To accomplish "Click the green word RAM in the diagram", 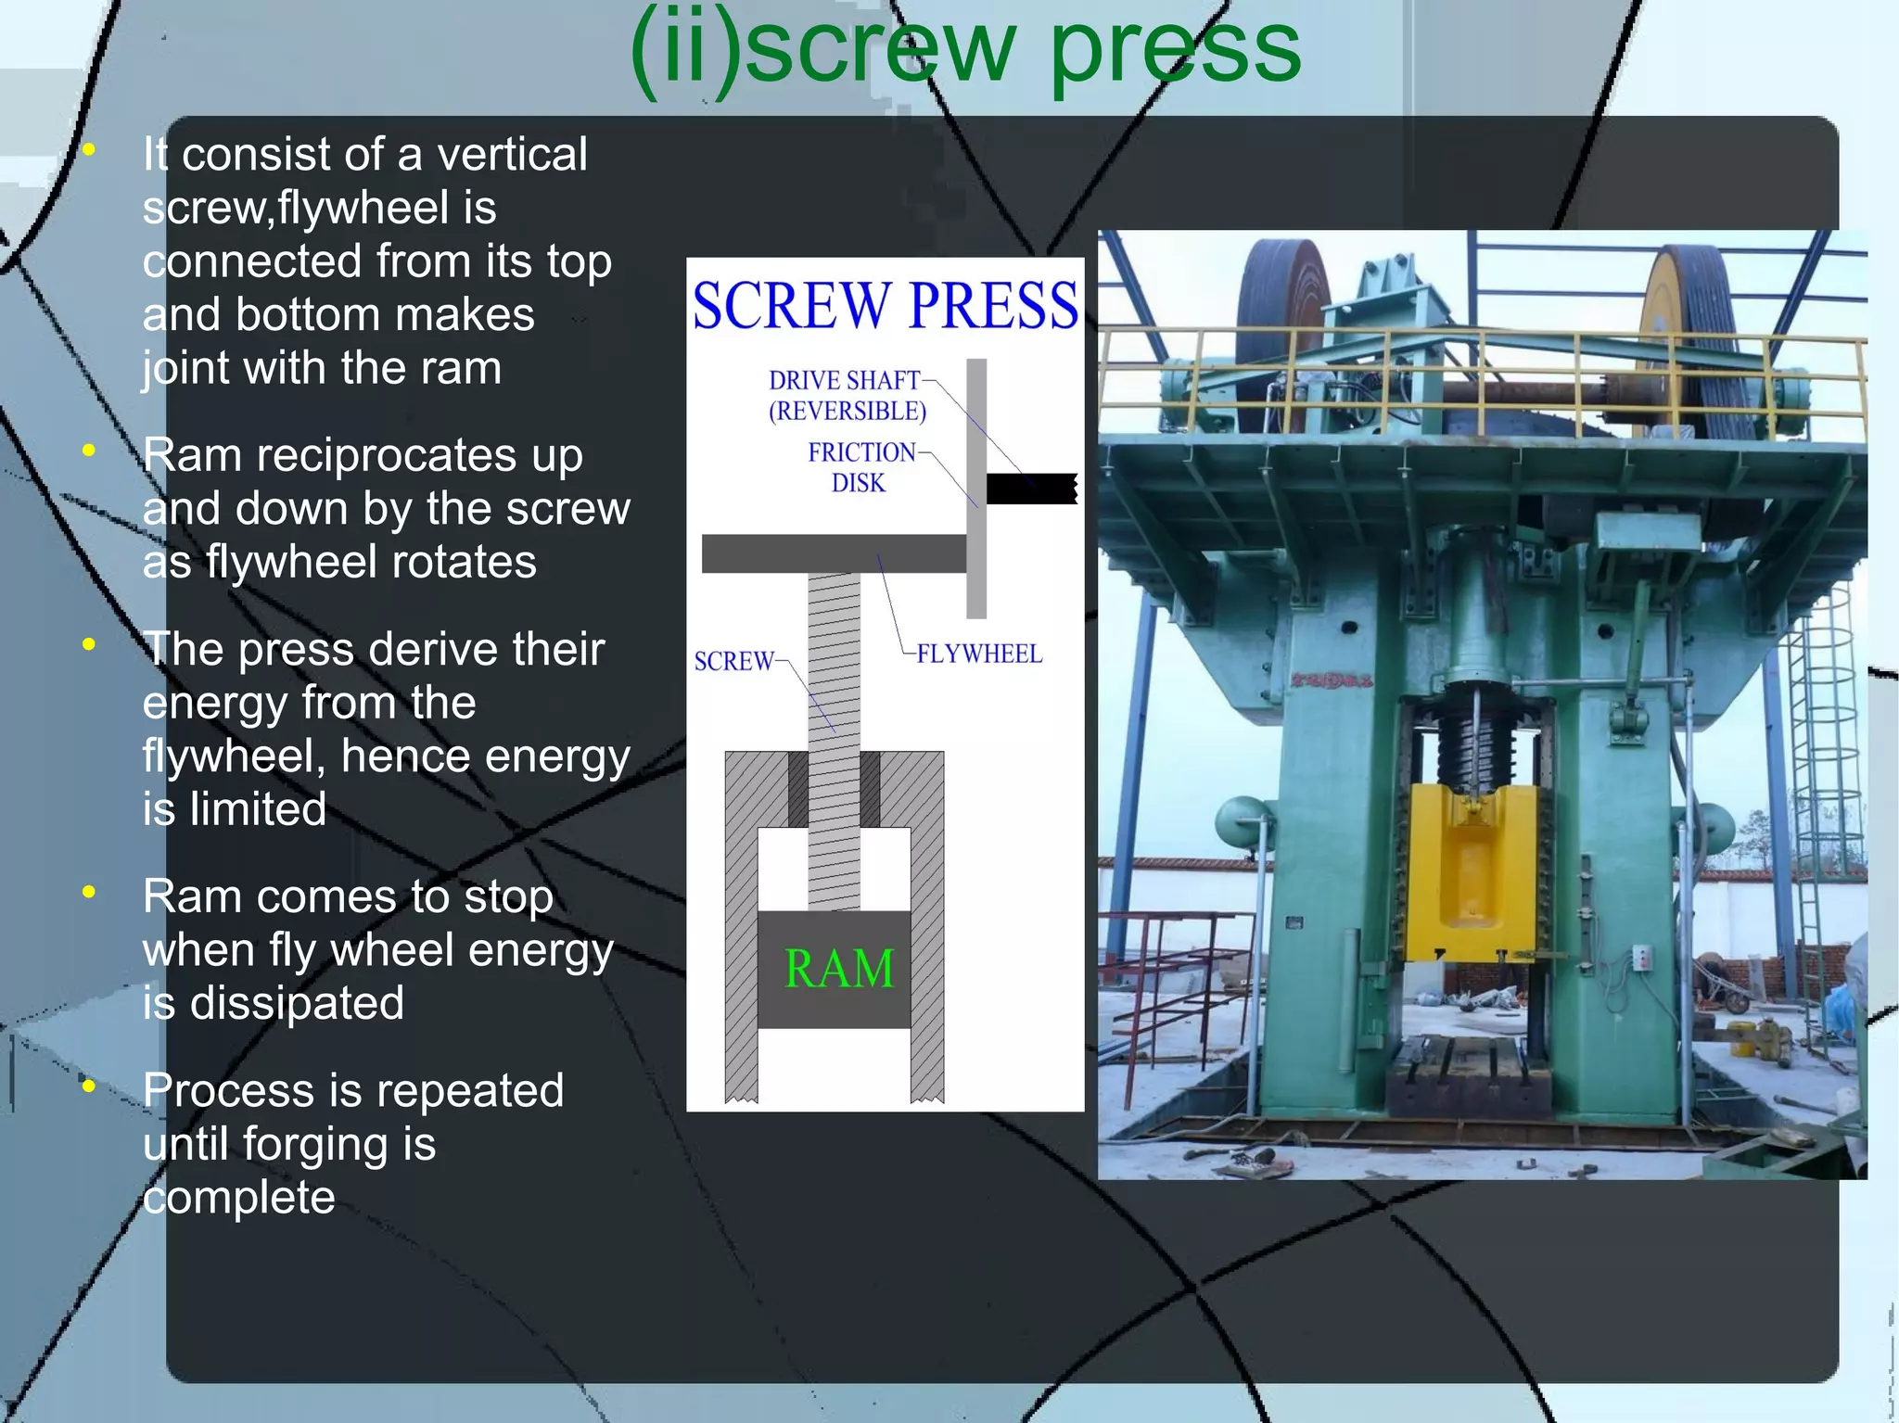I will click(839, 970).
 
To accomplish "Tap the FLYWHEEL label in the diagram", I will click(979, 654).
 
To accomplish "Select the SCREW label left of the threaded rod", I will click(733, 662).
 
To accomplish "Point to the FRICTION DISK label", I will click(860, 467).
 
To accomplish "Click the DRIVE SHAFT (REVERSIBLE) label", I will click(847, 396).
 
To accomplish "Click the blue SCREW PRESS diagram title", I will click(885, 306).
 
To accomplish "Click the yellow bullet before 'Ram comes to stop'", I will click(89, 893).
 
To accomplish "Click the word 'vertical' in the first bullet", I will click(512, 155).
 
